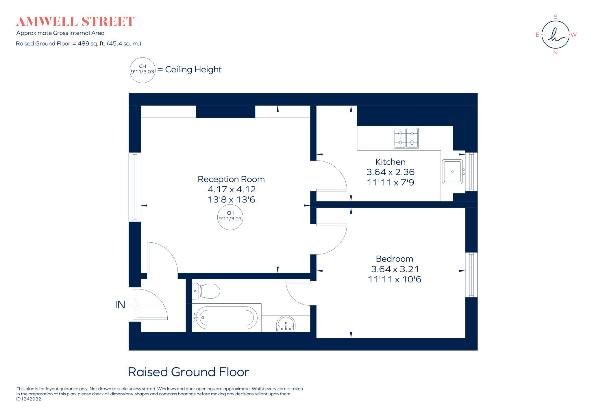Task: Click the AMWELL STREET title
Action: tap(75, 22)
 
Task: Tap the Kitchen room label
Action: tap(390, 162)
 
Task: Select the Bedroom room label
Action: tap(394, 259)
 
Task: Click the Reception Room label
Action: tap(231, 179)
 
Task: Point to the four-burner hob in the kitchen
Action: tap(406, 138)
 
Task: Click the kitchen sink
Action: tap(452, 171)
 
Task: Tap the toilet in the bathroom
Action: tap(207, 291)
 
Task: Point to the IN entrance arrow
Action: tap(135, 305)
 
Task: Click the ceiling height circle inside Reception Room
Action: tap(230, 217)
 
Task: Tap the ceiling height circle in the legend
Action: tap(143, 70)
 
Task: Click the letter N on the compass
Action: tap(555, 53)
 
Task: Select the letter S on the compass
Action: tap(555, 17)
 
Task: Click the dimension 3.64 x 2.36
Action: tap(390, 172)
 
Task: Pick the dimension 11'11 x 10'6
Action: tap(394, 280)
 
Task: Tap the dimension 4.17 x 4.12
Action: tap(232, 189)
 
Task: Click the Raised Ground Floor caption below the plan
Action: tap(188, 372)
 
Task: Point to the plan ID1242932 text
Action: tap(29, 399)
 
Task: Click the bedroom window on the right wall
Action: tap(471, 275)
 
